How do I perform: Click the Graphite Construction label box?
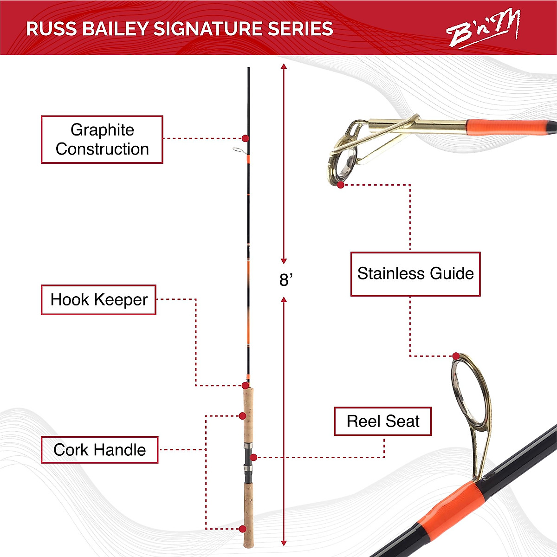[x=102, y=139]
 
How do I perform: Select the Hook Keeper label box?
[x=98, y=300]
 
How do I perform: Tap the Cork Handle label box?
[x=99, y=450]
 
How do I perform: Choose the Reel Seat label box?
[x=382, y=421]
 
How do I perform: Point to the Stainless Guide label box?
[x=415, y=274]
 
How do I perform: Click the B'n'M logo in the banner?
[x=483, y=30]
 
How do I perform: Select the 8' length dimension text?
[x=285, y=280]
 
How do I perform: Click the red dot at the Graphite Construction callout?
[x=245, y=138]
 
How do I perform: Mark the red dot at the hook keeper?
[x=245, y=385]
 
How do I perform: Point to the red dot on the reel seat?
[x=253, y=457]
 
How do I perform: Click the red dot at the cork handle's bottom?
[x=242, y=529]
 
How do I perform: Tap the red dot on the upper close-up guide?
[x=341, y=185]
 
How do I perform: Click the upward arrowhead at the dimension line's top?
[x=284, y=67]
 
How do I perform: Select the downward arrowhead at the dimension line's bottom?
[x=284, y=543]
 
